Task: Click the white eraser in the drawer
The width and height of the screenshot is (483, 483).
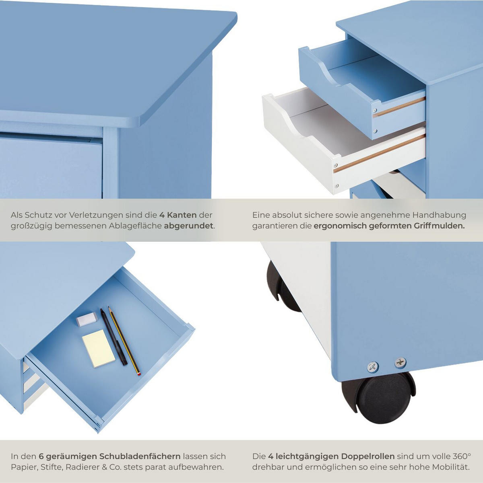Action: pos(87,319)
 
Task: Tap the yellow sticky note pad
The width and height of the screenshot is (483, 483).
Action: pos(99,348)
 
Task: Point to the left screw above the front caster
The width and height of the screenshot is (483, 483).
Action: pos(373,367)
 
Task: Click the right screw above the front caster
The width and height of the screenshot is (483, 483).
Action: pos(400,362)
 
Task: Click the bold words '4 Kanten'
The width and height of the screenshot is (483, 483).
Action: pos(178,215)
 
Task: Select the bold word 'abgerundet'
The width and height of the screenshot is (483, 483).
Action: pos(188,226)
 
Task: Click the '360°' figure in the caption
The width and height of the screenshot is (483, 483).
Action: pos(461,456)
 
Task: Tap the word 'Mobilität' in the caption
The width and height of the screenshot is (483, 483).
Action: pos(450,467)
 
